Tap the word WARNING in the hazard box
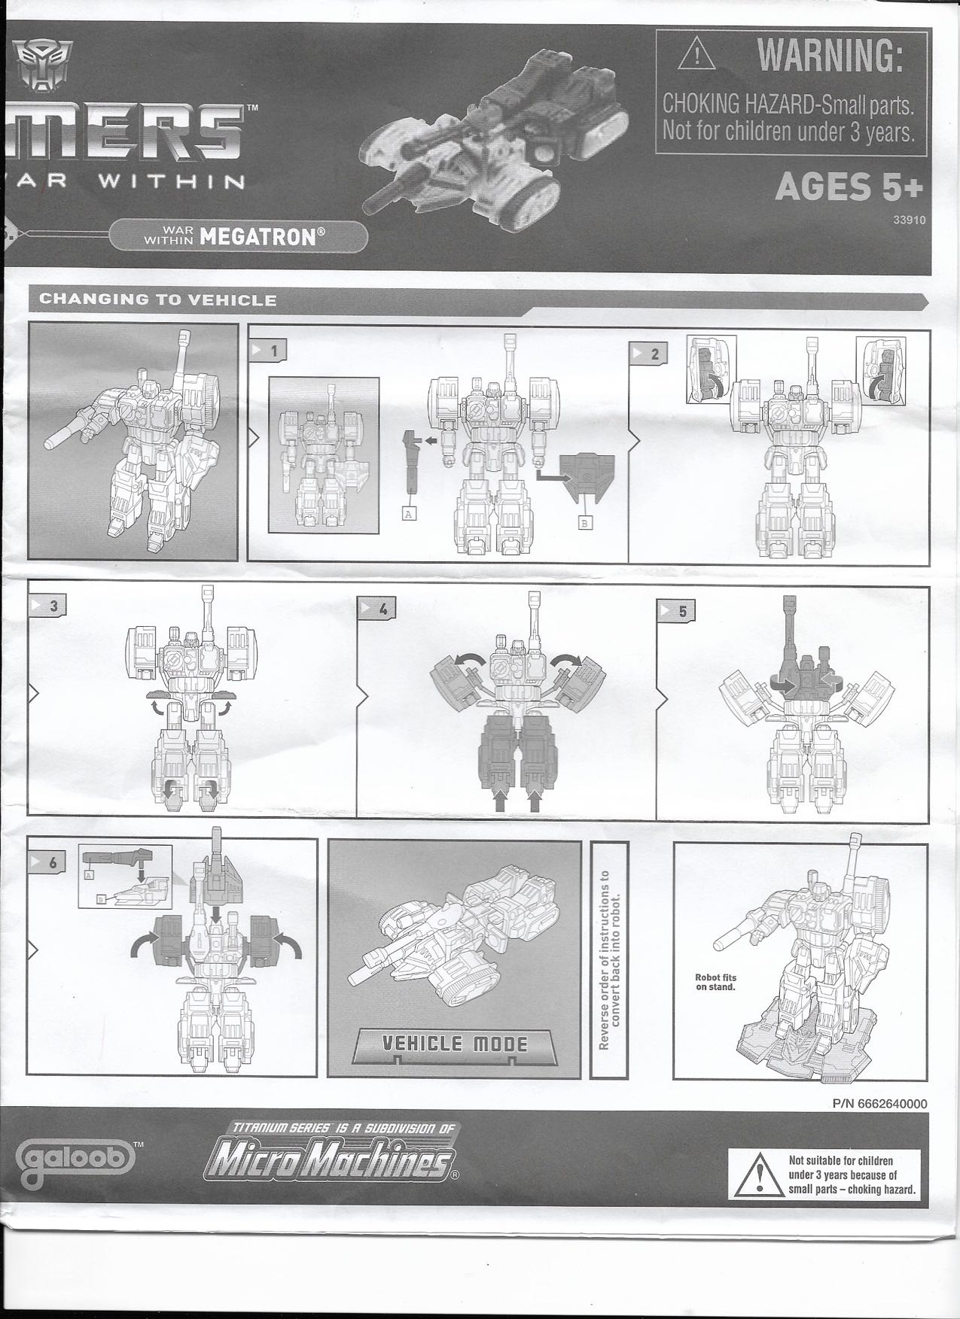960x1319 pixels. click(829, 55)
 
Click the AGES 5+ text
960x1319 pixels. click(849, 189)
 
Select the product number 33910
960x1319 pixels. click(910, 220)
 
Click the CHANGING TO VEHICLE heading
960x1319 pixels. click(157, 300)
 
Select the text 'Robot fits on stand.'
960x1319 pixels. click(715, 982)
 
